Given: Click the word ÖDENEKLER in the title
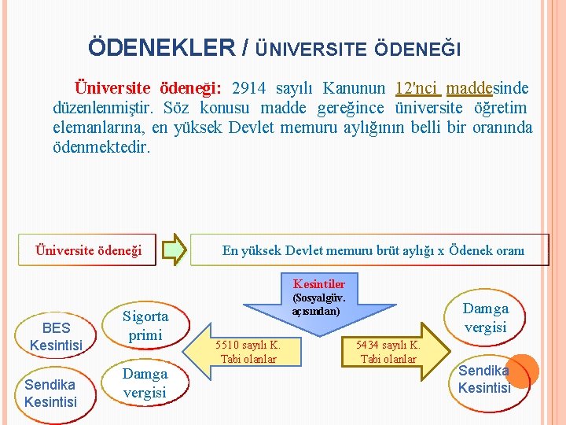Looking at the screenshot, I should click(161, 48).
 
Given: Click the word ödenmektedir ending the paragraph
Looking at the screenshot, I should click(101, 146).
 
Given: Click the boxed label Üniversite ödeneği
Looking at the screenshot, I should click(89, 250).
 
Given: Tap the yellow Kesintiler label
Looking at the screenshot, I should click(318, 283).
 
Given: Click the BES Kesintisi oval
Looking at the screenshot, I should click(56, 337).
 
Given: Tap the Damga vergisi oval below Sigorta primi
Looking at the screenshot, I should click(145, 382).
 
